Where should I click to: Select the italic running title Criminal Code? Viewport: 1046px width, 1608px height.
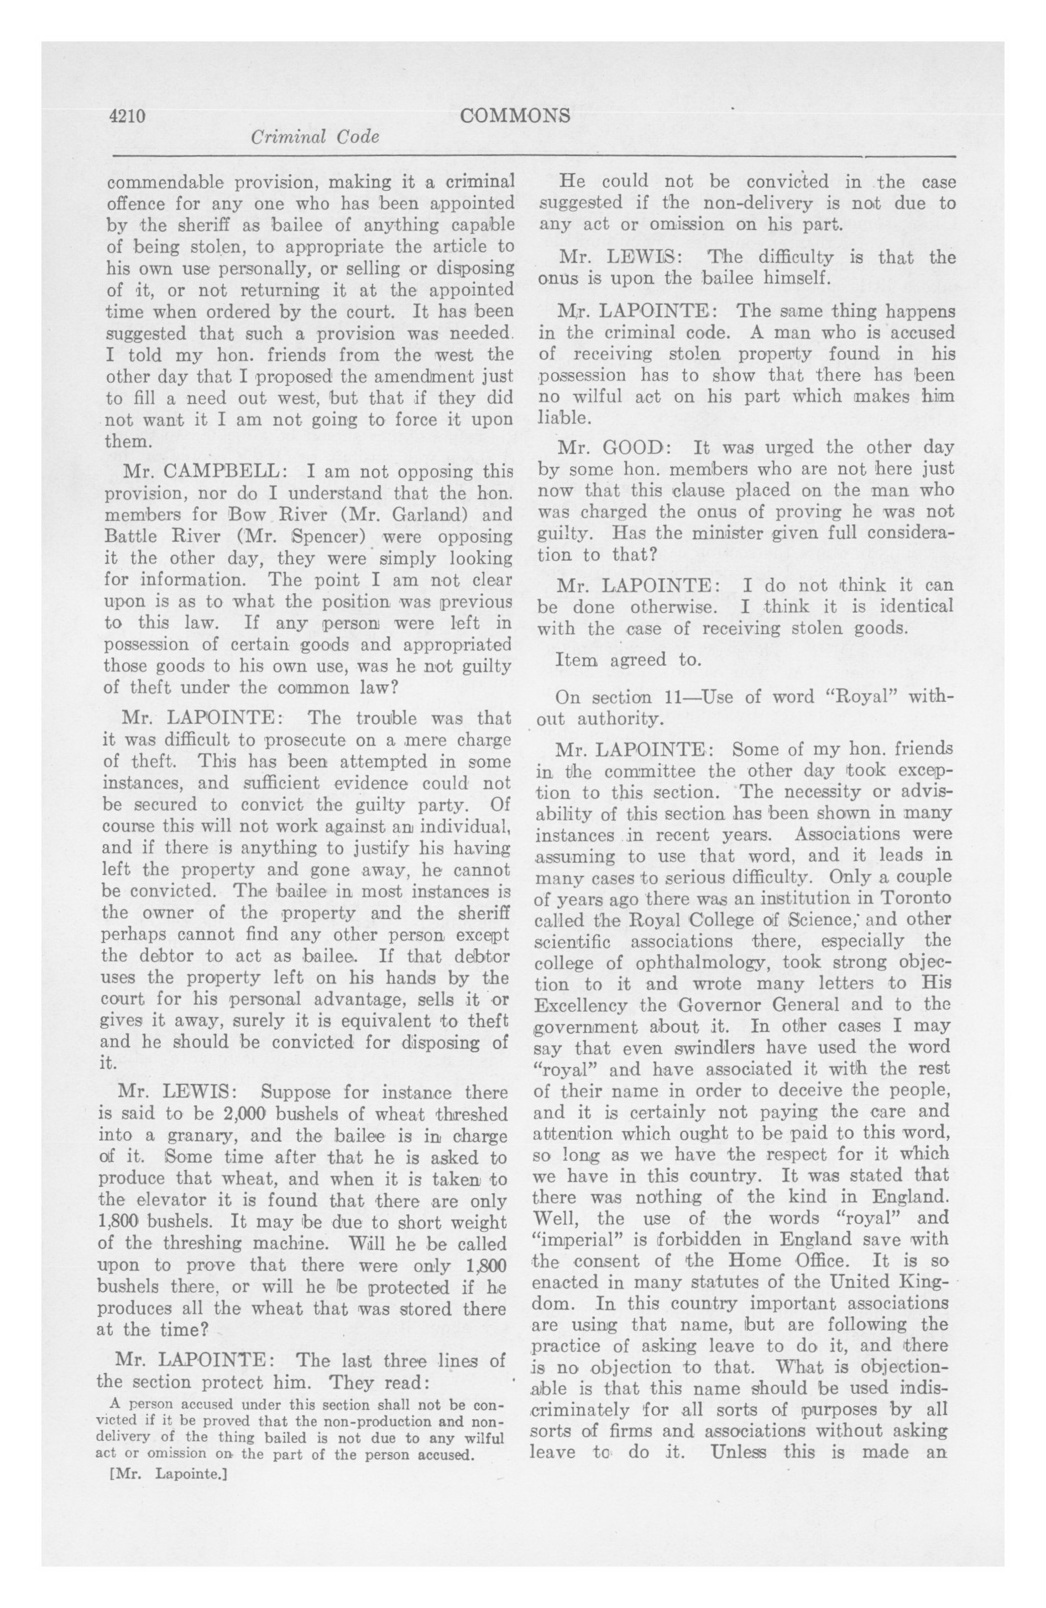click(314, 137)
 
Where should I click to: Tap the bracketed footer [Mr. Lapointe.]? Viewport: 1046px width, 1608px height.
click(168, 1474)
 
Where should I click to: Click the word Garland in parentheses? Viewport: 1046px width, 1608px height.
click(429, 514)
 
